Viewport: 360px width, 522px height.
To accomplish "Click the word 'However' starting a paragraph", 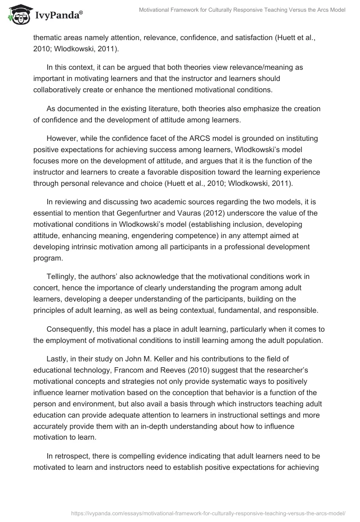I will (61, 136).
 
